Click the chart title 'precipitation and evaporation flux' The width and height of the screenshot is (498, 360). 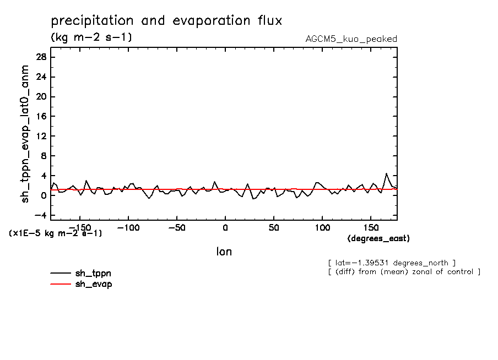pyautogui.click(x=166, y=21)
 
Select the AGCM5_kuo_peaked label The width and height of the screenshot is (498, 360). pyautogui.click(x=351, y=39)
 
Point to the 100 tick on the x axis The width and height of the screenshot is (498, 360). pyautogui.click(x=322, y=227)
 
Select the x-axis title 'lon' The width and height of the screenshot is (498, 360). pyautogui.click(x=224, y=252)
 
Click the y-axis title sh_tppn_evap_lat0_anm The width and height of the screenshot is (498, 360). pyautogui.click(x=25, y=134)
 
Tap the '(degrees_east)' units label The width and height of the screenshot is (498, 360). pyautogui.click(x=378, y=238)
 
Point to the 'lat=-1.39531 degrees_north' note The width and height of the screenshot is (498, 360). pyautogui.click(x=391, y=263)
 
